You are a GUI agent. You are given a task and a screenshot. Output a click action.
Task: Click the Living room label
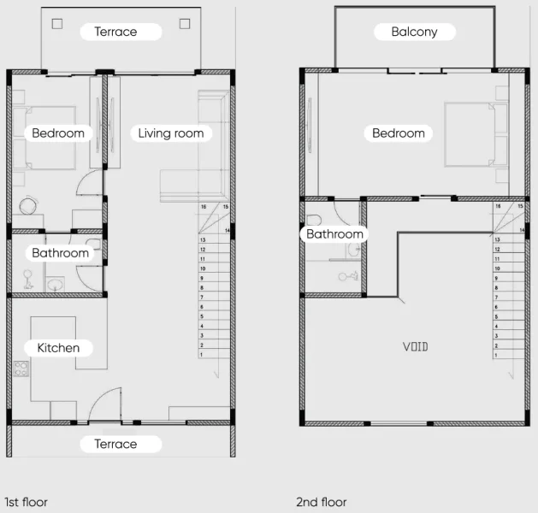(171, 133)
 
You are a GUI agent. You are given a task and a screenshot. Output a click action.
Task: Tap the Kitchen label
(58, 348)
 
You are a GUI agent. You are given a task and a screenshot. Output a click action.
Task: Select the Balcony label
(414, 32)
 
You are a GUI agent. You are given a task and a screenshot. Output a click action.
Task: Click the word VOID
(416, 346)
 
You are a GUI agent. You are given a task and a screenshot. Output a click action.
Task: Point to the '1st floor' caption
(27, 502)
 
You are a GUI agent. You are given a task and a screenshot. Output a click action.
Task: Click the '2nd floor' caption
(322, 502)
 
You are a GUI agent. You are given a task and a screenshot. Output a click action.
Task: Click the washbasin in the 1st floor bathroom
(56, 284)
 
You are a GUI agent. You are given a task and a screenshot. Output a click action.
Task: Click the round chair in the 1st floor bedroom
(28, 207)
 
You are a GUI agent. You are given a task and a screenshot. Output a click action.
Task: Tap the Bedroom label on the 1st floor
(58, 133)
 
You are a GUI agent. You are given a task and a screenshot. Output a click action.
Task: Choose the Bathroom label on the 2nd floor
(334, 233)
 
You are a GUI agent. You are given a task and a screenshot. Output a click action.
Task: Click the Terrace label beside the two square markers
(115, 32)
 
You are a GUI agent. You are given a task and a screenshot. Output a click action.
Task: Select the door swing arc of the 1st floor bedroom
(86, 184)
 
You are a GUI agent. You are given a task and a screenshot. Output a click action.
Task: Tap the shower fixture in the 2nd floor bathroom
(347, 276)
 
